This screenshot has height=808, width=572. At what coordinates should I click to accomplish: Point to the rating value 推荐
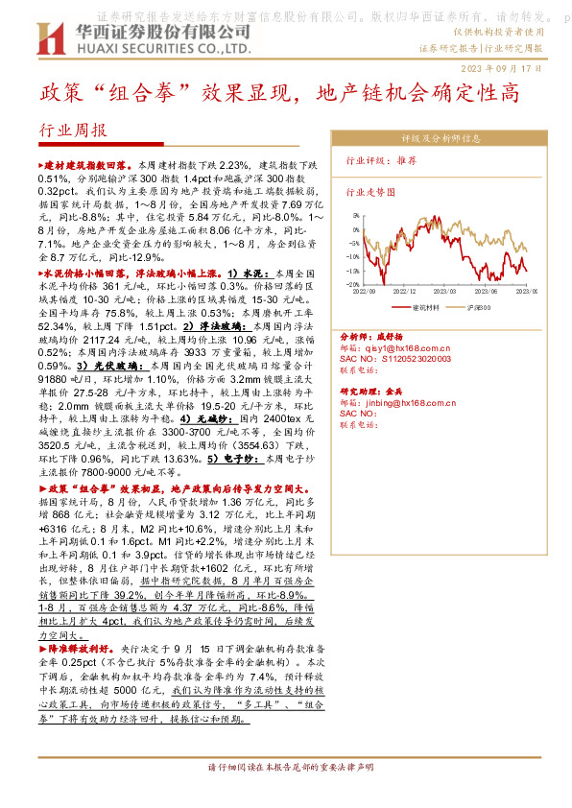coord(406,162)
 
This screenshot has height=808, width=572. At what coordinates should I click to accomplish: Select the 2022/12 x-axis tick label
coord(403,292)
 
